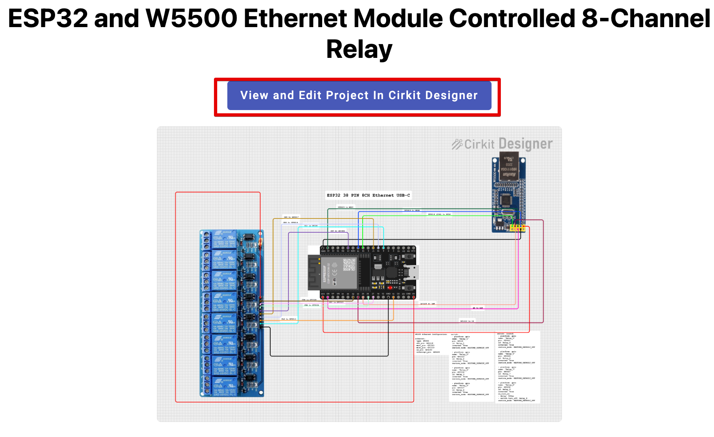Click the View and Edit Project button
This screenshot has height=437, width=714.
(x=359, y=95)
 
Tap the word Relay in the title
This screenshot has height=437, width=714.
(x=359, y=49)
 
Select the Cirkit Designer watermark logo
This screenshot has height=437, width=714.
(x=502, y=144)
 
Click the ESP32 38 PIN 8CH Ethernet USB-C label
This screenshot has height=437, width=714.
(x=368, y=195)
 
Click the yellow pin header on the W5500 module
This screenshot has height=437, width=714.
(x=517, y=229)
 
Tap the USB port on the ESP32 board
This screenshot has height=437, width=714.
(x=414, y=272)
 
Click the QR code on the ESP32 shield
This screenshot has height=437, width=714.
(x=349, y=265)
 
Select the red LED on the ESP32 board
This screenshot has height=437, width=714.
(x=390, y=287)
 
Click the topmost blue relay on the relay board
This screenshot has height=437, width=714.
(x=224, y=239)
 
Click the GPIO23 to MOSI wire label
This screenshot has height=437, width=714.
(x=346, y=207)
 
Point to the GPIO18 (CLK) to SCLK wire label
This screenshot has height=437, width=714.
(x=439, y=214)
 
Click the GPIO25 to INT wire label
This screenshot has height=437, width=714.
(x=428, y=303)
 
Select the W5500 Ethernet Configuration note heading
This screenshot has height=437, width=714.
(x=431, y=335)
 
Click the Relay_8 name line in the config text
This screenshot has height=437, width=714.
(x=507, y=385)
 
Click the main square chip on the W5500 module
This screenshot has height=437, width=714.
(x=506, y=199)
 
